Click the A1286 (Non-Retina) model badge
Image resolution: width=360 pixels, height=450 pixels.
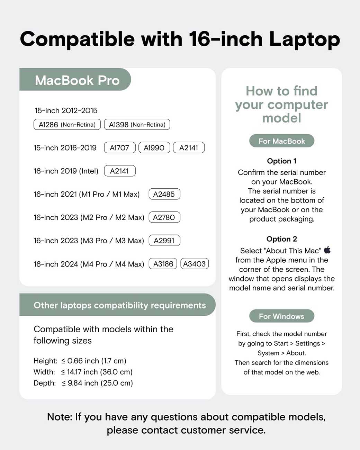pyautogui.click(x=67, y=125)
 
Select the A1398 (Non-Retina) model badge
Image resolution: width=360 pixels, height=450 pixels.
pyautogui.click(x=137, y=125)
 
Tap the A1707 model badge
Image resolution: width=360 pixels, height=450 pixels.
pyautogui.click(x=119, y=148)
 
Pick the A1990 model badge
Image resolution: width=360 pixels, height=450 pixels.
pyautogui.click(x=154, y=148)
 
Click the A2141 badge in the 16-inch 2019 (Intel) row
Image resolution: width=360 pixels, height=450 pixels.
pyautogui.click(x=119, y=171)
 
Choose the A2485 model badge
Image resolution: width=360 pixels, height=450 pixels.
pyautogui.click(x=164, y=194)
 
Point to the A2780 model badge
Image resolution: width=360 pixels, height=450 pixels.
pyautogui.click(x=164, y=217)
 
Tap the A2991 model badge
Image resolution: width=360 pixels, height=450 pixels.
pyautogui.click(x=164, y=241)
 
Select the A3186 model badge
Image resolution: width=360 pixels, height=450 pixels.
pyautogui.click(x=163, y=264)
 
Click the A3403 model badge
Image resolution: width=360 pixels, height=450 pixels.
pyautogui.click(x=195, y=264)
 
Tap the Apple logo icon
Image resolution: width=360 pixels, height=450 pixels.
pyautogui.click(x=327, y=250)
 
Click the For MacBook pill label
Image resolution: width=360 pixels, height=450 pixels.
pyautogui.click(x=282, y=141)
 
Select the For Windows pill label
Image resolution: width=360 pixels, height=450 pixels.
pyautogui.click(x=282, y=316)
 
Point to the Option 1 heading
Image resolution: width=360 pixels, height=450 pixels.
pyautogui.click(x=282, y=161)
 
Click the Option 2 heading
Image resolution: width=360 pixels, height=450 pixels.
pyautogui.click(x=282, y=239)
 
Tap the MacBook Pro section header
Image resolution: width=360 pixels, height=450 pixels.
pyautogui.click(x=77, y=80)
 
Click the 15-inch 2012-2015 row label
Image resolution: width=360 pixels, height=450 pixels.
pyautogui.click(x=66, y=111)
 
